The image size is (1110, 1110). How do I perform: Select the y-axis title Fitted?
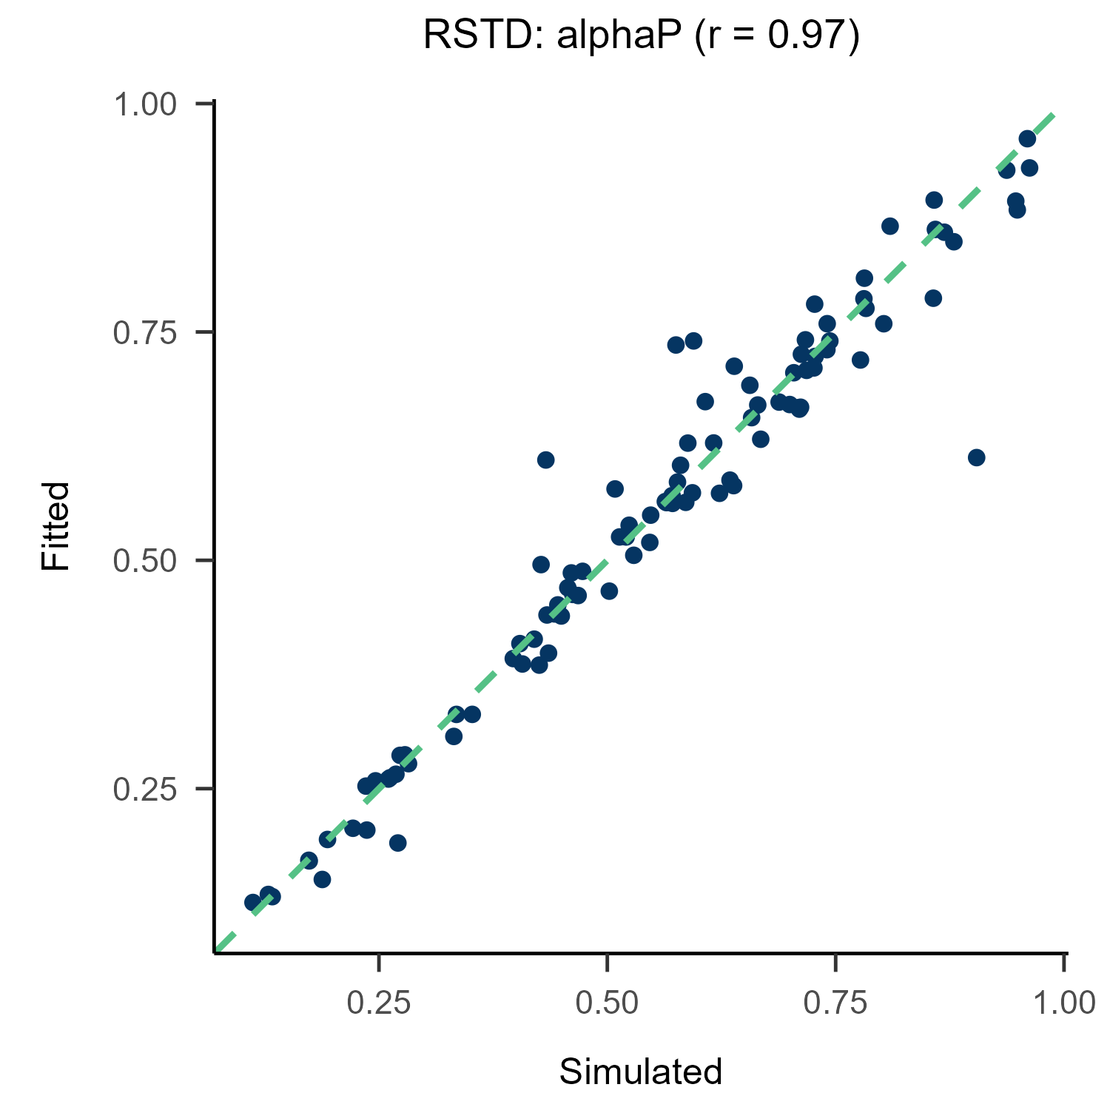[x=55, y=525]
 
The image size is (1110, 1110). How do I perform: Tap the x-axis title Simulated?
[x=641, y=1072]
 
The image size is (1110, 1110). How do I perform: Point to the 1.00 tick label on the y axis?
[x=145, y=104]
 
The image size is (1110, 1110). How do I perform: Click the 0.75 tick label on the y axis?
[x=145, y=332]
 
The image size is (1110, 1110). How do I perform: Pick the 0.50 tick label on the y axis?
[x=145, y=561]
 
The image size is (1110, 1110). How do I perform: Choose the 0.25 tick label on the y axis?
[x=145, y=789]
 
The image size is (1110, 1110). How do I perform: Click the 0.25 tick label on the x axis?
[x=379, y=1003]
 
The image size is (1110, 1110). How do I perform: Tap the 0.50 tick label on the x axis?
[x=607, y=1003]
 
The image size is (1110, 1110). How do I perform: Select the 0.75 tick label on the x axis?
[x=835, y=1003]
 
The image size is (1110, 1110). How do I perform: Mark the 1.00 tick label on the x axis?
[x=1063, y=1003]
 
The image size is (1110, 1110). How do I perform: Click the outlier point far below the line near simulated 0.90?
[x=976, y=457]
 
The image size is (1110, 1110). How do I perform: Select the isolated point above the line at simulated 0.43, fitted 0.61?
[x=546, y=460]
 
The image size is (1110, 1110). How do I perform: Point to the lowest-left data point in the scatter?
[x=253, y=902]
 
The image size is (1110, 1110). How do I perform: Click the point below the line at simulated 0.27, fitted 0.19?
[x=398, y=843]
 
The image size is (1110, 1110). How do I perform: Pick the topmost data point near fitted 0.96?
[x=1027, y=139]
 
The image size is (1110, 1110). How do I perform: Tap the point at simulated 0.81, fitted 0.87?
[x=890, y=226]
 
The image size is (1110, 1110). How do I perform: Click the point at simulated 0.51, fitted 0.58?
[x=615, y=488]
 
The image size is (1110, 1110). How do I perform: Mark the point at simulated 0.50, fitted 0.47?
[x=609, y=591]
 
